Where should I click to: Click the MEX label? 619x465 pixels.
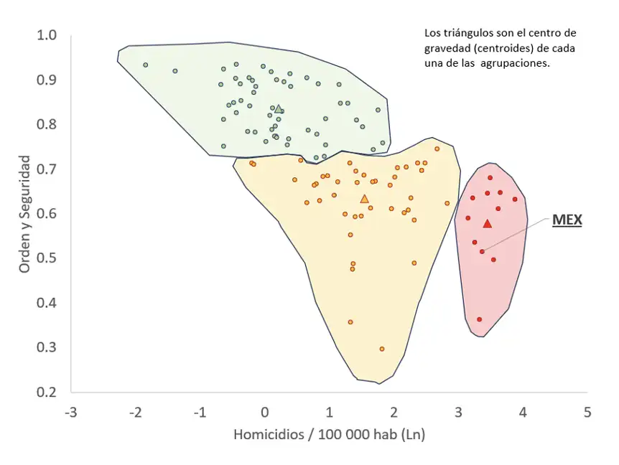[567, 220]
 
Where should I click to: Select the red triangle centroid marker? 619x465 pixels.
[487, 224]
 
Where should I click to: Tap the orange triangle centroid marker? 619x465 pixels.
[364, 199]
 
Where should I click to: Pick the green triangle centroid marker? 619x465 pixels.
[279, 109]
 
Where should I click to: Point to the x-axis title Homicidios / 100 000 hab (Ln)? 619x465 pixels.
[329, 435]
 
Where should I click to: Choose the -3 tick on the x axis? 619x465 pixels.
[70, 413]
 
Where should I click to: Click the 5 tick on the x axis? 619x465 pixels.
[587, 413]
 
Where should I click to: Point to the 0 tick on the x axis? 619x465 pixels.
[264, 413]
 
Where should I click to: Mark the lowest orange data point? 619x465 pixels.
[381, 349]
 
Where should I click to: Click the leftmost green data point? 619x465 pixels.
[145, 65]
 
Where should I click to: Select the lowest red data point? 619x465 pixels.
[479, 319]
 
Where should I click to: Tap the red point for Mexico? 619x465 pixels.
[482, 251]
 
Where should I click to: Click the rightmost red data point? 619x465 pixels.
[514, 199]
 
